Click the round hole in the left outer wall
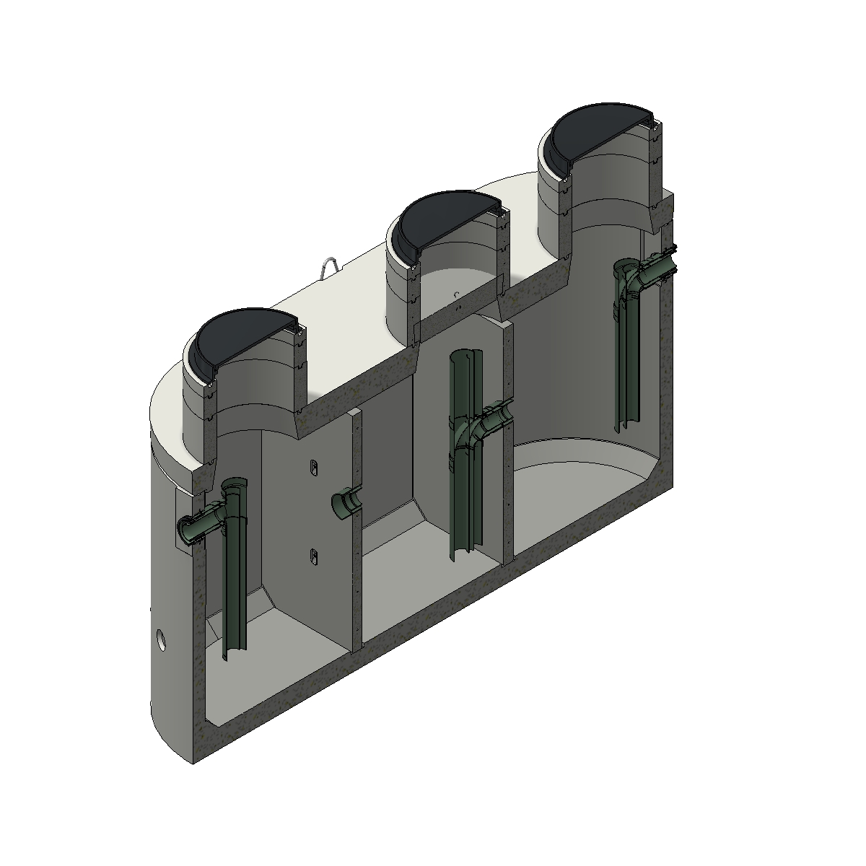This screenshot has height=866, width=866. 161,639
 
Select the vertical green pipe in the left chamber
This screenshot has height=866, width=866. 235,577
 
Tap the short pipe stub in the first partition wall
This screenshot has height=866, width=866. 345,504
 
